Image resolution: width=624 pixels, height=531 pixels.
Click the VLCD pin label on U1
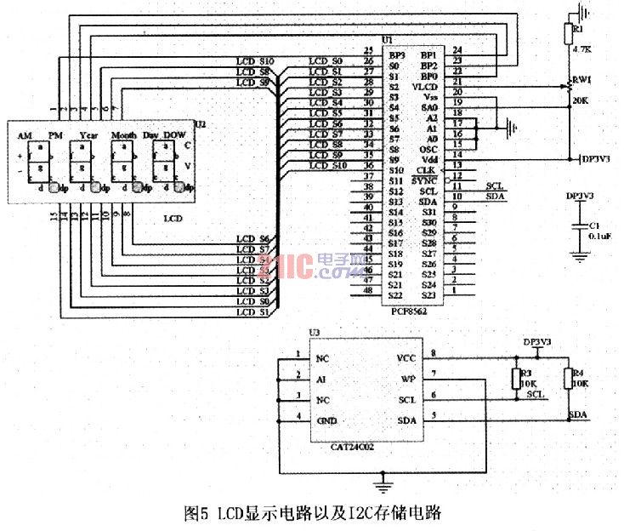pyautogui.click(x=425, y=87)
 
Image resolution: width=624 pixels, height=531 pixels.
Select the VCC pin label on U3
pyautogui.click(x=406, y=358)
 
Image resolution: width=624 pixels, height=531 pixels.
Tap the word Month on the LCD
pyautogui.click(x=124, y=135)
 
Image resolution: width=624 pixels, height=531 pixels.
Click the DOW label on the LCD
pyautogui.click(x=174, y=135)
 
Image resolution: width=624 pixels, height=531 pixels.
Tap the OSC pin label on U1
pyautogui.click(x=428, y=149)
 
